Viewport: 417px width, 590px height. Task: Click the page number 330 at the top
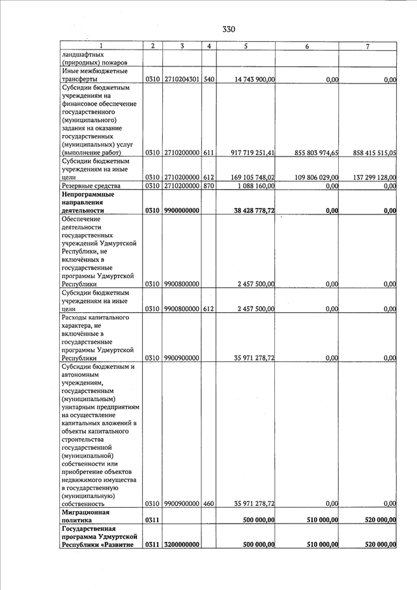[228, 29]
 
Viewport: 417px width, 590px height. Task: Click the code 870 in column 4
[208, 186]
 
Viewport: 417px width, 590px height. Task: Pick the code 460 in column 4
[208, 503]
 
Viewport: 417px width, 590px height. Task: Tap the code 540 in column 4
[208, 80]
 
